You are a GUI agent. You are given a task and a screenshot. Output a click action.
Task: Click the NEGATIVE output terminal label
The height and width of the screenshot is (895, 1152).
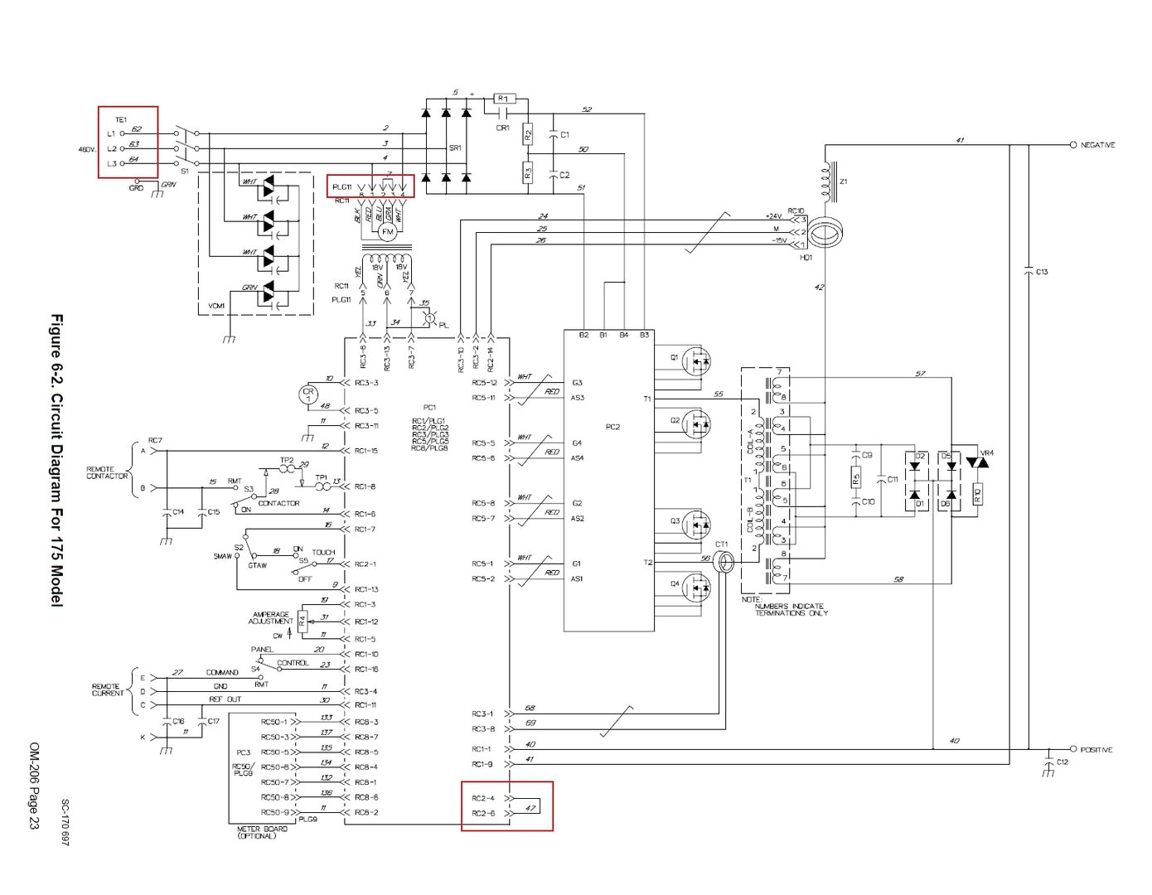(x=1097, y=145)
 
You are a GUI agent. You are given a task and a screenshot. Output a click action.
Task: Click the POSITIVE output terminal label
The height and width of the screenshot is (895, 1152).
(x=1096, y=750)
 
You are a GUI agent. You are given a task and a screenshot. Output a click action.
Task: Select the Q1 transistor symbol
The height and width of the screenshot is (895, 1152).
(x=699, y=360)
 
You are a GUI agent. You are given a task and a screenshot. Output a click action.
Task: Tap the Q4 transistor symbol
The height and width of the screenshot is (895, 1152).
(x=699, y=587)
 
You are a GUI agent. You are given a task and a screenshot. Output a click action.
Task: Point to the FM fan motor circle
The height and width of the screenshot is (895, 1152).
(x=387, y=232)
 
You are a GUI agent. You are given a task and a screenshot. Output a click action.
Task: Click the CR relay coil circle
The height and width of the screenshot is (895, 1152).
(x=308, y=394)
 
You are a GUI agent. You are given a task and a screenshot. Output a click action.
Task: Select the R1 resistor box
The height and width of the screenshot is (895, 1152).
(x=503, y=99)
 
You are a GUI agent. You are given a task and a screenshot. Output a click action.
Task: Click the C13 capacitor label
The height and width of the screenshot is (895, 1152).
(x=1042, y=272)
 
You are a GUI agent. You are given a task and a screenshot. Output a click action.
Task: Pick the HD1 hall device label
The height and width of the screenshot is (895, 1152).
(x=806, y=258)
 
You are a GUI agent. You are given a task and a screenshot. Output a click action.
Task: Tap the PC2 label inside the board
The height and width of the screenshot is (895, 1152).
(x=612, y=427)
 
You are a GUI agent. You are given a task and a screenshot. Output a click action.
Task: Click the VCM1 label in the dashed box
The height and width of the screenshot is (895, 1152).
(x=216, y=306)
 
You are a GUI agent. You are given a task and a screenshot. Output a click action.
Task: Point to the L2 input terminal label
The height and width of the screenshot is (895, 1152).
(x=111, y=148)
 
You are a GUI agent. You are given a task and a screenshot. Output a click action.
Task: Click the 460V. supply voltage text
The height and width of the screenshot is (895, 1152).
(x=87, y=149)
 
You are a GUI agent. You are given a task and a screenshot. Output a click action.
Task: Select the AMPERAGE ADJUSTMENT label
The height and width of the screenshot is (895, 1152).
(x=271, y=618)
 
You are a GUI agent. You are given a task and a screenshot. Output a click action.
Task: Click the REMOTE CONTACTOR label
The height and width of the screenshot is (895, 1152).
(x=107, y=472)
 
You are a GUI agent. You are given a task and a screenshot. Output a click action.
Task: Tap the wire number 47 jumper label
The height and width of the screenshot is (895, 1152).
(x=530, y=807)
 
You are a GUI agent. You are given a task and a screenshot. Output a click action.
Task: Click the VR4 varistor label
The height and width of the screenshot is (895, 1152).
(x=986, y=453)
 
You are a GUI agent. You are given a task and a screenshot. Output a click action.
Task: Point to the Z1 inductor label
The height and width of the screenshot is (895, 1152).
(x=844, y=181)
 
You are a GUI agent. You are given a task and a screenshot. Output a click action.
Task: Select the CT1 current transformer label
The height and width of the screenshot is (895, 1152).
(x=721, y=544)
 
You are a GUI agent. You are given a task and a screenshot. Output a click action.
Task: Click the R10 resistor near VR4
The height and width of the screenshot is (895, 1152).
(x=977, y=496)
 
